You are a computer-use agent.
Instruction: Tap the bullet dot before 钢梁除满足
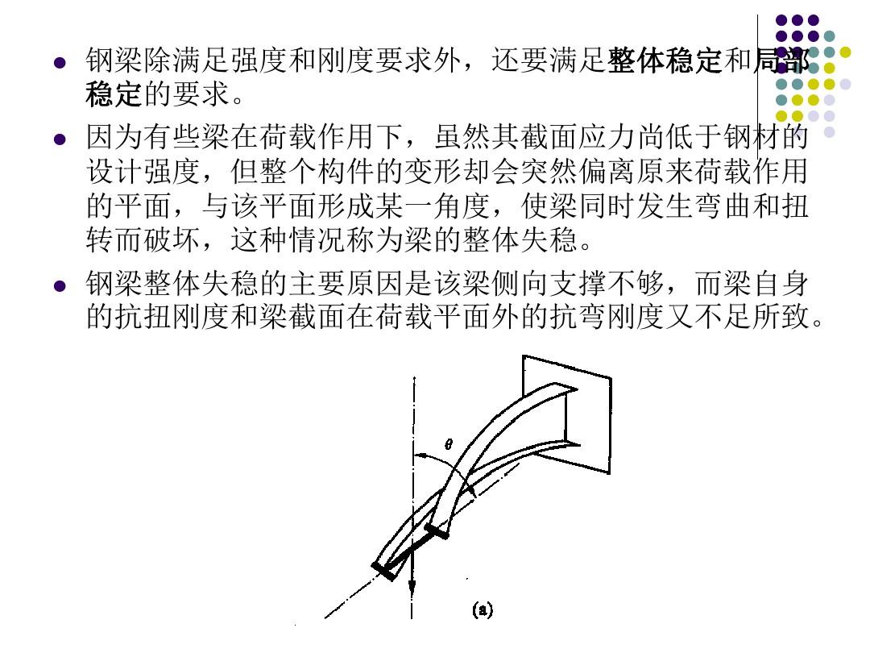point(60,62)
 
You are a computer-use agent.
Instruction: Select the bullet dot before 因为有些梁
point(60,139)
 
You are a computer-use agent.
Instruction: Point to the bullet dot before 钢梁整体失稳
point(60,286)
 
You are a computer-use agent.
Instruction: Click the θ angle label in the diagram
point(449,444)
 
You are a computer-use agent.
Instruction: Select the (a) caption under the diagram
point(483,609)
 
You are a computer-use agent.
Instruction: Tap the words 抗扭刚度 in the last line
point(172,317)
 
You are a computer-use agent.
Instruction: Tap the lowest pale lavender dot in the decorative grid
point(830,132)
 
